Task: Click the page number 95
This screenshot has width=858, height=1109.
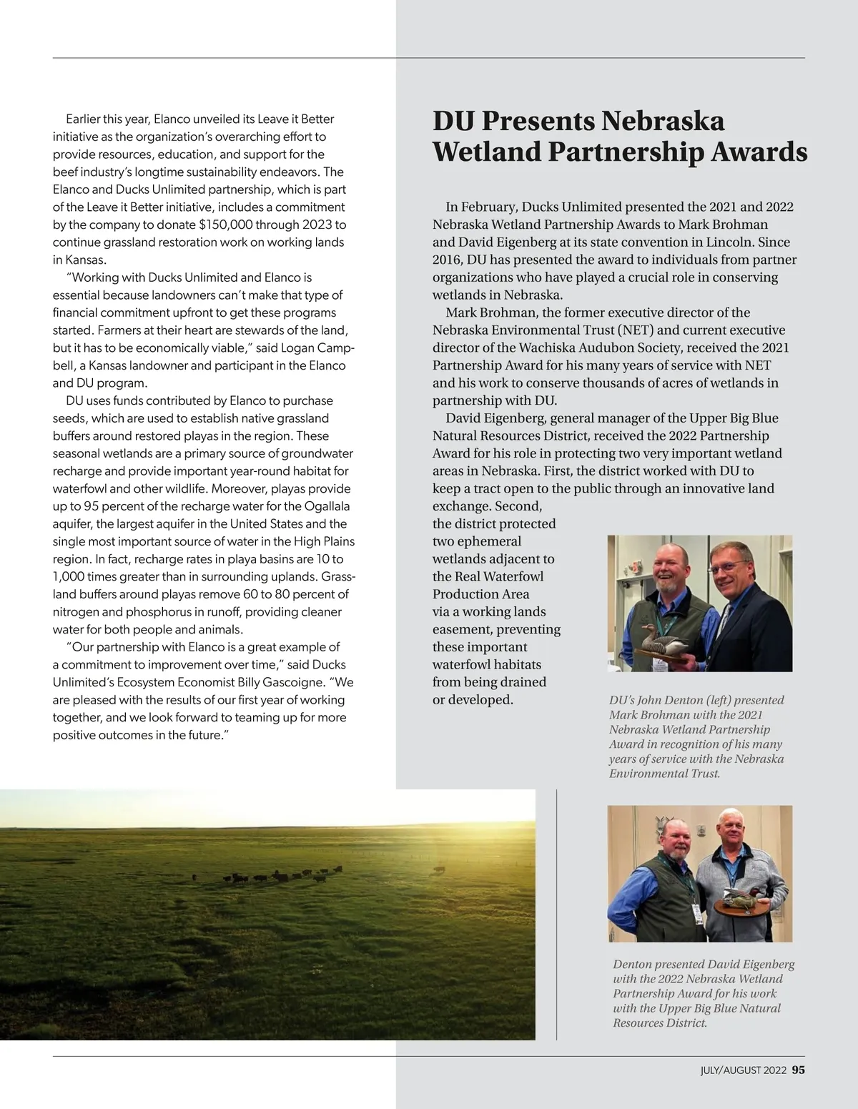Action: [798, 1070]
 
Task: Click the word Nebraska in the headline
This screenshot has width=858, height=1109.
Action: [663, 121]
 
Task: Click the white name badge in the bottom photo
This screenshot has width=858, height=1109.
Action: [696, 915]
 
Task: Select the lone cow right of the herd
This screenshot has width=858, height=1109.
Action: [438, 869]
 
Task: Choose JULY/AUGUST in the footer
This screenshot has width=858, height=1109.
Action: [731, 1070]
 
